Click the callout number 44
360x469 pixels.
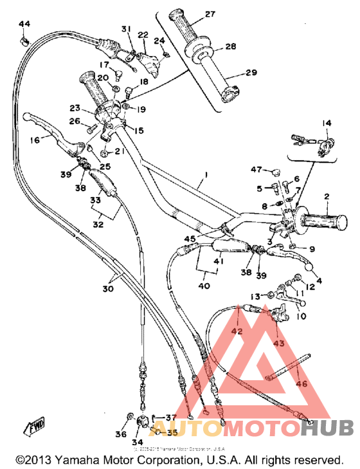click(x=24, y=24)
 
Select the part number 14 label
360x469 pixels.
click(x=326, y=122)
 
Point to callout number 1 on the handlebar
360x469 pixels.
click(x=206, y=174)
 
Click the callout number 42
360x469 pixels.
click(x=237, y=332)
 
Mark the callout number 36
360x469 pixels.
click(x=120, y=435)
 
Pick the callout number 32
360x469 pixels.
click(x=98, y=225)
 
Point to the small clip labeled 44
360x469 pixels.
click(x=24, y=40)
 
